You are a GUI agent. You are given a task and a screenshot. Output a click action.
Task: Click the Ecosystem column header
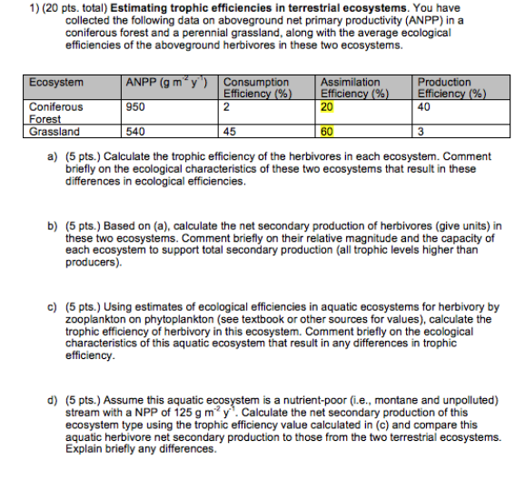coord(56,83)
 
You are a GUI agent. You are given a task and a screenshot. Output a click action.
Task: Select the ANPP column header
coord(167,83)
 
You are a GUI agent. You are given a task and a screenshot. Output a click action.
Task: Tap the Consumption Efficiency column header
coord(257,87)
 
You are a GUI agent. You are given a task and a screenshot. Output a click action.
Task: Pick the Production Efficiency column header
coord(451,87)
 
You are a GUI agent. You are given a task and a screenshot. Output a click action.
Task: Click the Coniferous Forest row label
coord(56,113)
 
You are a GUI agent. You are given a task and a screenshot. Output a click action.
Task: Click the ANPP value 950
coord(135,106)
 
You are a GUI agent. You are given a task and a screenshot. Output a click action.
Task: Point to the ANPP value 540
coord(135,132)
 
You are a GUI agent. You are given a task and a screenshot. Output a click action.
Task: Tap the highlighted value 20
coord(327,106)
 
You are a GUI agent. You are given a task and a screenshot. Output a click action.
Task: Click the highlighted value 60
coord(327,132)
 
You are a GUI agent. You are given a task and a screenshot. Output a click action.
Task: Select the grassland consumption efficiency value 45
coord(230,132)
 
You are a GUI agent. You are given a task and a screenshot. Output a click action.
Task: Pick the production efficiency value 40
coord(423,106)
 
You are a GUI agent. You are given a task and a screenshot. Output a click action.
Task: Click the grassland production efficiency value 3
coord(420,132)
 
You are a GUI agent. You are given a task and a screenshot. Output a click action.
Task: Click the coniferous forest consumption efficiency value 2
coord(226,106)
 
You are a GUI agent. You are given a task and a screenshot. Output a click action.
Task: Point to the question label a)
coord(52,156)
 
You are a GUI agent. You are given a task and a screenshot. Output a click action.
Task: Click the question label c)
coord(52,306)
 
